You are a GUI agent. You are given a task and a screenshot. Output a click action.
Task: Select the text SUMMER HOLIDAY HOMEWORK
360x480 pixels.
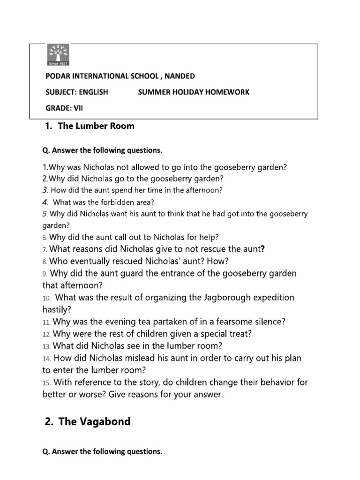pos(194,92)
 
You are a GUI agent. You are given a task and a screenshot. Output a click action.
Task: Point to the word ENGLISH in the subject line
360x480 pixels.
pos(93,92)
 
